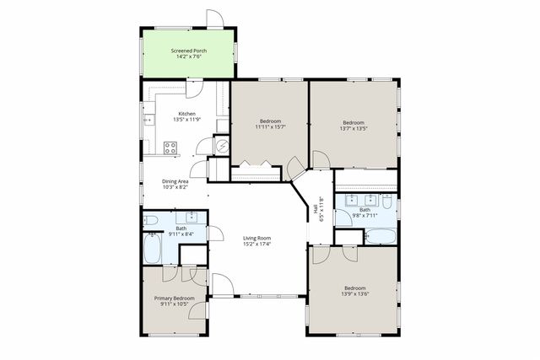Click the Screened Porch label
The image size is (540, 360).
pos(188,51)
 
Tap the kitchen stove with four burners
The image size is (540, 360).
pos(170,148)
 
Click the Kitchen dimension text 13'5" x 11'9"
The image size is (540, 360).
pos(186,120)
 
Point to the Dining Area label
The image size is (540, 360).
pos(175,180)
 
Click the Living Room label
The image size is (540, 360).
pos(256,239)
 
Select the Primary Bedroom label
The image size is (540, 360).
pos(174,298)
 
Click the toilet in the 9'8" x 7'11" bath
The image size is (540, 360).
pos(386,202)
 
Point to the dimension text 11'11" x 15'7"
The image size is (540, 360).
pos(270,127)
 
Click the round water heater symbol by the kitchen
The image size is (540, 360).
pos(223,145)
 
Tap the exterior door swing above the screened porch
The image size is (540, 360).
pos(216,19)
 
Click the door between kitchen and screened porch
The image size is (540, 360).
pos(192,87)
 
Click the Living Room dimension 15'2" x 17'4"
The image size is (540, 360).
pos(256,245)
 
